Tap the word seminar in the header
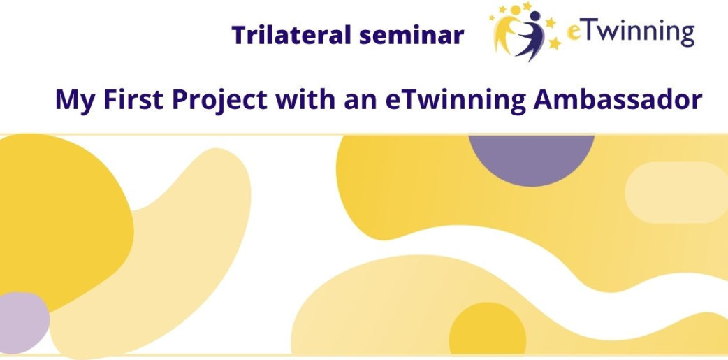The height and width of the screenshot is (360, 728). pos(405,36)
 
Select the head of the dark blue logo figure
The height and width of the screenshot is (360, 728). pos(535,16)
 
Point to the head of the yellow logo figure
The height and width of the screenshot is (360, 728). pos(516,10)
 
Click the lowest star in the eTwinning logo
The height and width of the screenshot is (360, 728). pos(554,43)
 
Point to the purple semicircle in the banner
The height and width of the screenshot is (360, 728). pos(531,158)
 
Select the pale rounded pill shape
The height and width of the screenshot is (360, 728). pos(676,192)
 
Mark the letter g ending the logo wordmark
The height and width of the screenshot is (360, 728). pos(687,36)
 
